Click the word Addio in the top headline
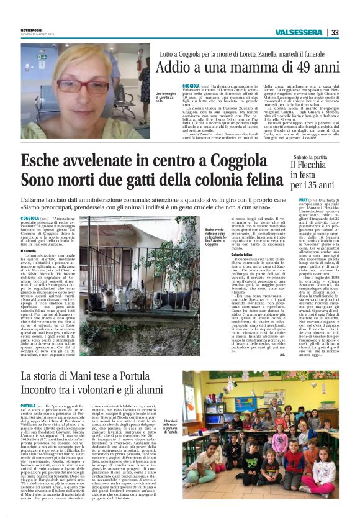tap(175, 67)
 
